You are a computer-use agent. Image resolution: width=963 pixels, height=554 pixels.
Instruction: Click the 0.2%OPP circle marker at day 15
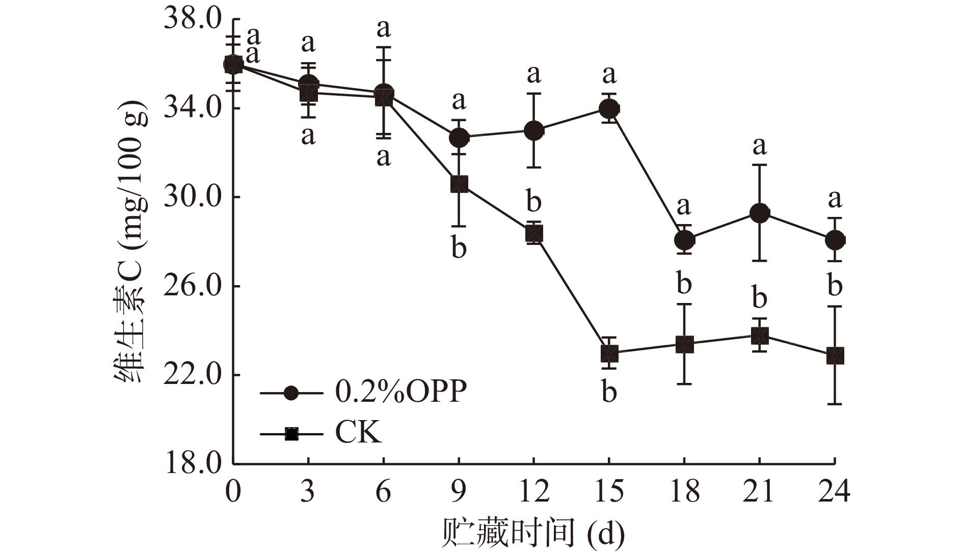(x=609, y=108)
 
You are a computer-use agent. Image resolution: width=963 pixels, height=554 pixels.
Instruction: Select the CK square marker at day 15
(x=609, y=353)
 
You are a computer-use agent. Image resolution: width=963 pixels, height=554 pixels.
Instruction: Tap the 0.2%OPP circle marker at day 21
(x=759, y=213)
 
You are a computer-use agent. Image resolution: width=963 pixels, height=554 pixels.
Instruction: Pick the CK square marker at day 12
(x=534, y=234)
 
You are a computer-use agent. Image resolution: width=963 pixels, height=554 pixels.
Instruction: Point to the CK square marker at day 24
(x=835, y=355)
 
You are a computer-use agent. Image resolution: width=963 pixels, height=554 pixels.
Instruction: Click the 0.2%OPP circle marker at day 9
(x=459, y=137)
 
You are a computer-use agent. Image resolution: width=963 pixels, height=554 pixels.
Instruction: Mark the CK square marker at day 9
(x=459, y=184)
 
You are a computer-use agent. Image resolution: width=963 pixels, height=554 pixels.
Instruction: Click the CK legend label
(x=358, y=433)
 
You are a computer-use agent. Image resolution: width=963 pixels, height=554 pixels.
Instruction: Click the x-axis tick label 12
(x=533, y=492)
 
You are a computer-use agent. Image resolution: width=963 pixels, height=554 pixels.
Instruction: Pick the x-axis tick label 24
(x=834, y=492)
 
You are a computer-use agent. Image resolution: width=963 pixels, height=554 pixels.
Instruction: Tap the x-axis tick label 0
(x=233, y=492)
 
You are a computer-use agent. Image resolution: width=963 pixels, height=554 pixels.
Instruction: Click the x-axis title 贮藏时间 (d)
(x=532, y=533)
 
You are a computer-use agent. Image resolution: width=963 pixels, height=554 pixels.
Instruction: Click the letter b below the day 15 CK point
(x=609, y=393)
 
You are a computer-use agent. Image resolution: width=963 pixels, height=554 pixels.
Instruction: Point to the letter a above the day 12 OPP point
(x=533, y=74)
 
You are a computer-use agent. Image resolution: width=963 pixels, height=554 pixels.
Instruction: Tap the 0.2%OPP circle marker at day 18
(x=684, y=239)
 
